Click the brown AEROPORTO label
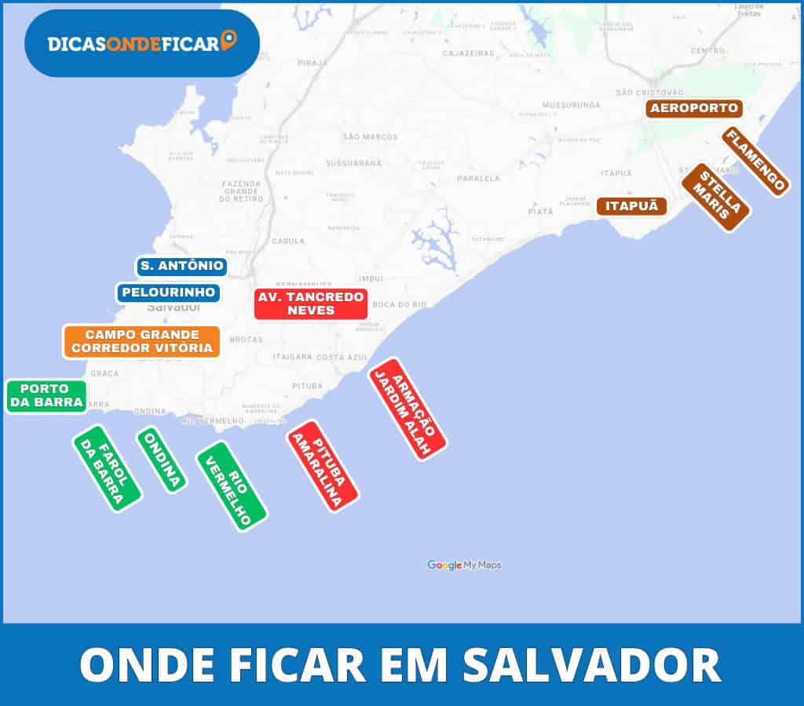(x=693, y=108)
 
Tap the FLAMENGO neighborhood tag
(x=755, y=161)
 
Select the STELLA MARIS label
(x=715, y=197)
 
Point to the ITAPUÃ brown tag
(x=631, y=206)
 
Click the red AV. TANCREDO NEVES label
(x=311, y=304)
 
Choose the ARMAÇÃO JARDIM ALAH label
(x=407, y=409)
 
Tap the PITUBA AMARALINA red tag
(x=323, y=466)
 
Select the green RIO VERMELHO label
(x=232, y=486)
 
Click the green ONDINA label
(x=162, y=460)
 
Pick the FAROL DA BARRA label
(x=108, y=468)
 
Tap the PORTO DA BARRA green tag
(x=46, y=396)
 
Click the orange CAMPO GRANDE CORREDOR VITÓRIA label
(x=141, y=341)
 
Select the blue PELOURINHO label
(x=169, y=293)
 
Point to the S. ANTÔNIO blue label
(x=181, y=267)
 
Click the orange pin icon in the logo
(x=228, y=41)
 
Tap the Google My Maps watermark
(x=464, y=565)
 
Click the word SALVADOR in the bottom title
(x=591, y=664)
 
